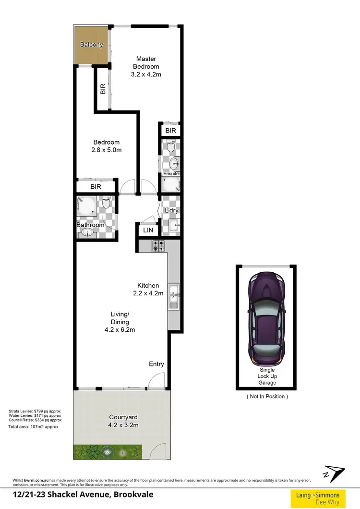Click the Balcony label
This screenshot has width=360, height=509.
pos(91,45)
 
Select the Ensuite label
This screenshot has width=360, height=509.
pos(171,174)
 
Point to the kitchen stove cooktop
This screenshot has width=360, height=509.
pos(158,246)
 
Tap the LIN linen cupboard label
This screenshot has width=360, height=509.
pos(148,231)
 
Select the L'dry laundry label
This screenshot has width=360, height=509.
pos(171,211)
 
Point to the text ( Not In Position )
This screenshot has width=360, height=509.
pos(267,396)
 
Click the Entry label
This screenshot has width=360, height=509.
pos(156,364)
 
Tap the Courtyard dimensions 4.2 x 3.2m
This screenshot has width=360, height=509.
pos(124,425)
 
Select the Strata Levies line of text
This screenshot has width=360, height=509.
pos(35,411)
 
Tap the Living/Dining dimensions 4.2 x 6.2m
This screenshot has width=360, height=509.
pos(120,330)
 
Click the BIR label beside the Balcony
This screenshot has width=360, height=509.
pos(103,89)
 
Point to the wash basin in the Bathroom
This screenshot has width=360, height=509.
pos(88,233)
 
